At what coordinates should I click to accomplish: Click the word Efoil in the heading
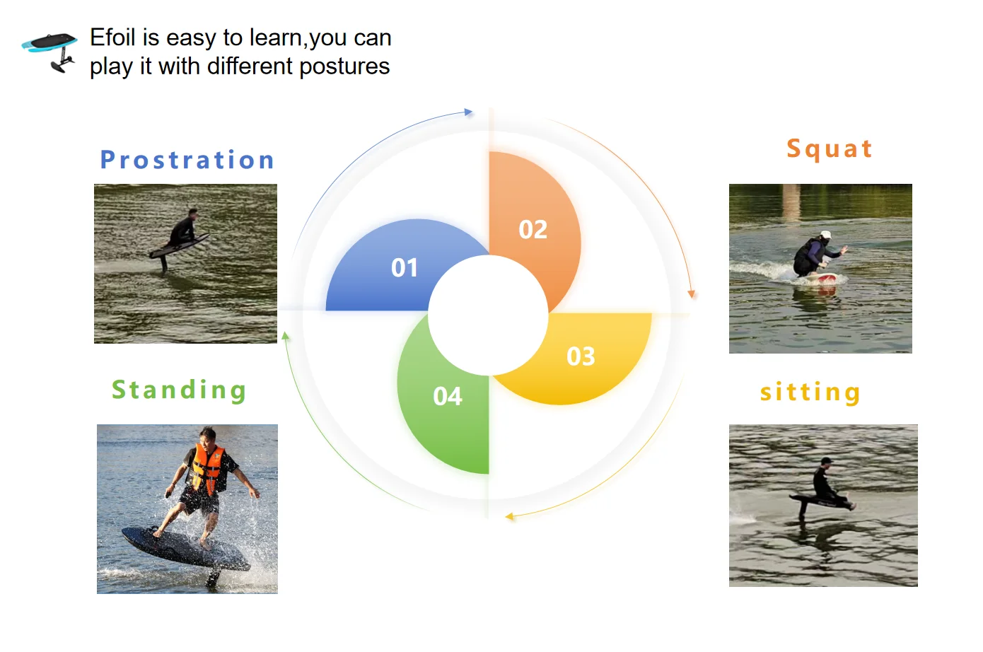[x=112, y=37]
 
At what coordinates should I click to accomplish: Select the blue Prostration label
[x=187, y=159]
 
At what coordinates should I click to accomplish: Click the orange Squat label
[x=830, y=149]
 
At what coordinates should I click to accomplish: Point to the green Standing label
[x=179, y=390]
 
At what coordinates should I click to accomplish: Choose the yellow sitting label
[x=810, y=392]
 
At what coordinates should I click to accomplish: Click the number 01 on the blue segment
[x=405, y=267]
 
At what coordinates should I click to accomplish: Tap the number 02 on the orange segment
[x=533, y=229]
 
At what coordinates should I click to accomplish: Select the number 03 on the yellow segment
[x=581, y=356]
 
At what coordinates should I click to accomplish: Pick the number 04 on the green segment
[x=447, y=396]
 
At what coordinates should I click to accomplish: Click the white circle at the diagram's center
[x=488, y=315]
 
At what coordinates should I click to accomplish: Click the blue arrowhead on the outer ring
[x=469, y=112]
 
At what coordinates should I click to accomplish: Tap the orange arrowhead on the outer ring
[x=692, y=293]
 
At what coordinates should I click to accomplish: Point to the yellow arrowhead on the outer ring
[x=509, y=517]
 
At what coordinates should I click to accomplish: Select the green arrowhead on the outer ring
[x=285, y=336]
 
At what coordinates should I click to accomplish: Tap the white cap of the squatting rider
[x=826, y=235]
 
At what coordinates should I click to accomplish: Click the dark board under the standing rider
[x=185, y=549]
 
